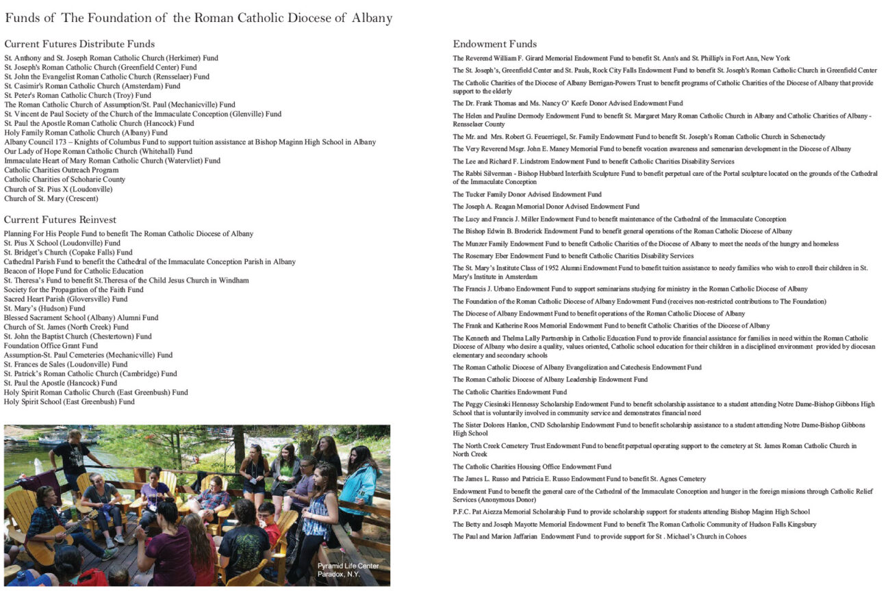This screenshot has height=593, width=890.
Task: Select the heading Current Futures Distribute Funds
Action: pyautogui.click(x=79, y=44)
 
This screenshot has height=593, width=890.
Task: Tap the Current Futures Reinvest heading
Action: pyautogui.click(x=60, y=220)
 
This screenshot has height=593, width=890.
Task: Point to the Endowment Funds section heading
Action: pyautogui.click(x=495, y=44)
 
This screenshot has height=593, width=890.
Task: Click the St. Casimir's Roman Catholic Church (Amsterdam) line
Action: pyautogui.click(x=92, y=86)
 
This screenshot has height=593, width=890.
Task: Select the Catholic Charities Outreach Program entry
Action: pyautogui.click(x=62, y=170)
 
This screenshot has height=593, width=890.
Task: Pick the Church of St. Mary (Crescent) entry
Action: pyautogui.click(x=51, y=198)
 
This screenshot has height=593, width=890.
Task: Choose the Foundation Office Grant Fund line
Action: pyautogui.click(x=51, y=345)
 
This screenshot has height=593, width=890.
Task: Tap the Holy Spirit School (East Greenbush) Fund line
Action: pyautogui.click(x=69, y=401)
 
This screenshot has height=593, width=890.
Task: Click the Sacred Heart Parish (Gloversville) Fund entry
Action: pyautogui.click(x=66, y=299)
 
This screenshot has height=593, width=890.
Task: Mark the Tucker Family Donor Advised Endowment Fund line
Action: pyautogui.click(x=527, y=194)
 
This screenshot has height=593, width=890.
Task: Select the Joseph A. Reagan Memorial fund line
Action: pyautogui.click(x=546, y=207)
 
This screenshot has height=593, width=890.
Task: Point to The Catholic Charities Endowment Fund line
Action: pyautogui.click(x=509, y=392)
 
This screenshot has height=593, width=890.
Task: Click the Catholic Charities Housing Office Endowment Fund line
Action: pyautogui.click(x=532, y=466)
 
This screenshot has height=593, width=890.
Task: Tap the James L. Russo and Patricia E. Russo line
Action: pyautogui.click(x=579, y=479)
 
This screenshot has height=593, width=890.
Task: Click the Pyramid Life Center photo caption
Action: pyautogui.click(x=348, y=570)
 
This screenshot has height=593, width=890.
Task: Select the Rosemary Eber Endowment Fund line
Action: pyautogui.click(x=573, y=256)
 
